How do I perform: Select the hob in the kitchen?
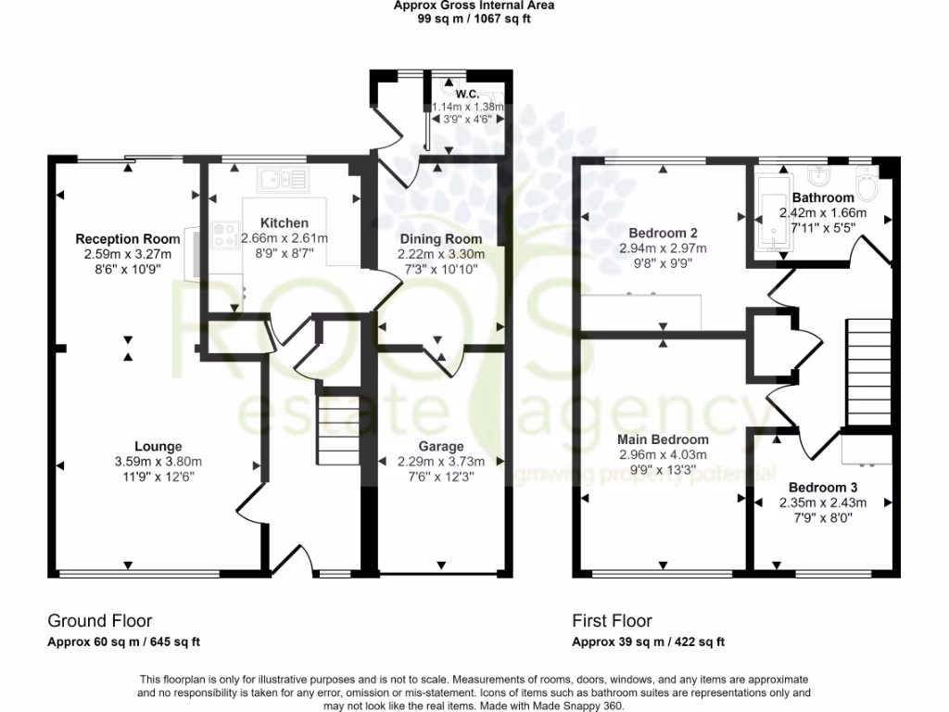(x=224, y=235)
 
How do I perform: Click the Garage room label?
(x=440, y=447)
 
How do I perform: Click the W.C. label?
(x=467, y=93)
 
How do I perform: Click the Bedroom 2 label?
(x=663, y=233)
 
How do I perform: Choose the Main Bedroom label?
(x=663, y=439)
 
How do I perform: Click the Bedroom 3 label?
(x=823, y=487)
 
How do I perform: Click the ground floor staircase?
(x=337, y=426)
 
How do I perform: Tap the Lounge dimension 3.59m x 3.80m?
(x=158, y=462)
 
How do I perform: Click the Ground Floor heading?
(x=99, y=621)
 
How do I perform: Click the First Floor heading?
(x=612, y=621)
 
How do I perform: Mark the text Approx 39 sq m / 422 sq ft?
(x=648, y=642)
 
